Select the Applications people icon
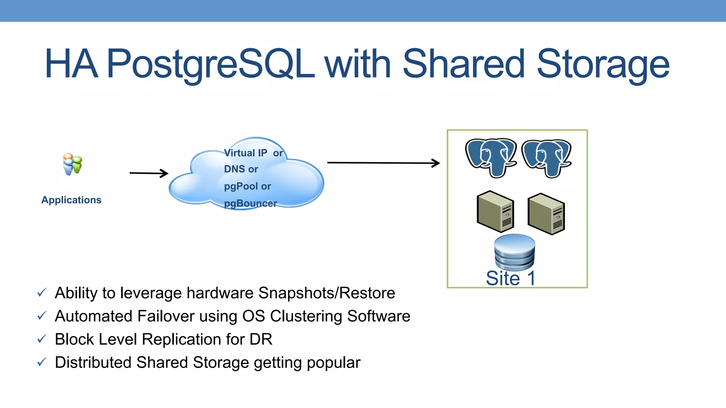point(72,164)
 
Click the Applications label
point(71,200)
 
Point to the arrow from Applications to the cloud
point(149,173)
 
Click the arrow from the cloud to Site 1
point(383,163)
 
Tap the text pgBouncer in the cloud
point(250,203)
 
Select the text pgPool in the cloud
point(241,186)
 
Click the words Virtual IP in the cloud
point(245,153)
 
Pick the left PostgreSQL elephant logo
point(491,158)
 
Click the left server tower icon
point(496,211)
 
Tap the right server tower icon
point(546,214)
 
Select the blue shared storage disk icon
point(514,252)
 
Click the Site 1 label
point(510,278)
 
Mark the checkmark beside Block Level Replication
point(42,339)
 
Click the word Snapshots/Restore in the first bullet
point(326,293)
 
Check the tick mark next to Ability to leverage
point(42,293)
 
